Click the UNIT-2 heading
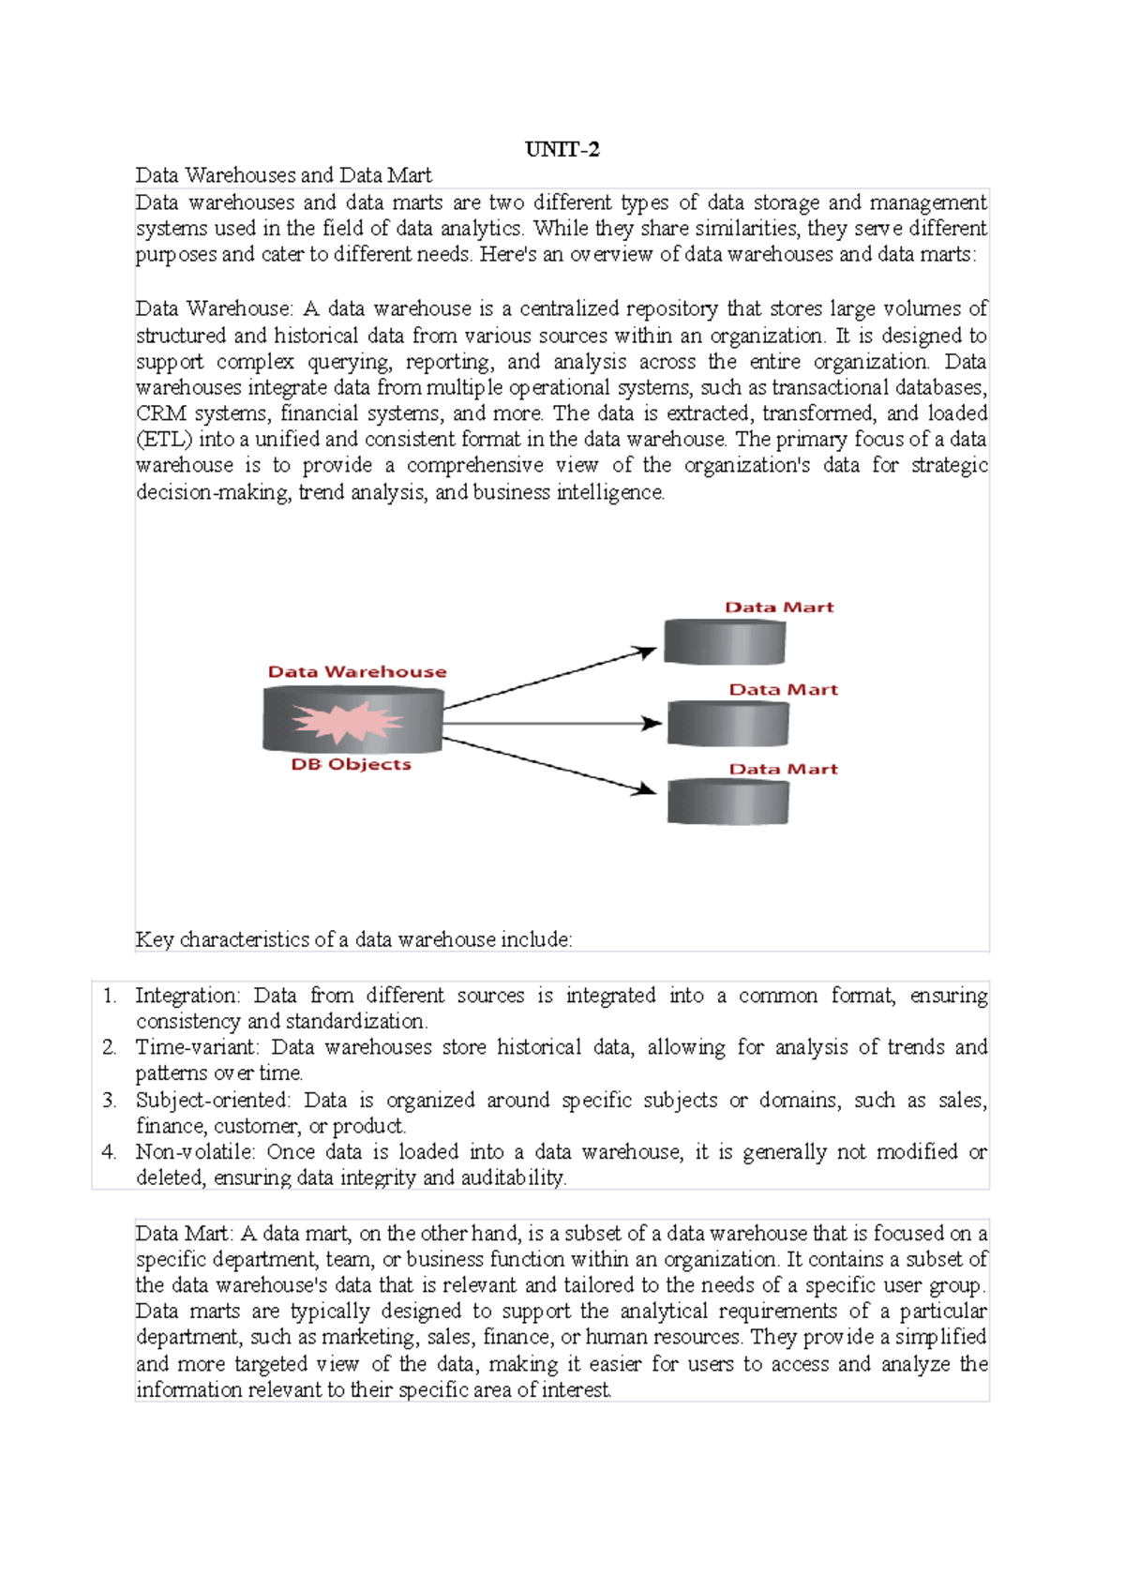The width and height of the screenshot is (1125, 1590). coord(562,149)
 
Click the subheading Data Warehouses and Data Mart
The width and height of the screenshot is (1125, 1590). coord(283,175)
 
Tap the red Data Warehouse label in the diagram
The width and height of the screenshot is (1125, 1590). coord(356,671)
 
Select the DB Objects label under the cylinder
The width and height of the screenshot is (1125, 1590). coord(351,764)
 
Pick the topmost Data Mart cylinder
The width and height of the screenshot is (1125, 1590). coord(724,642)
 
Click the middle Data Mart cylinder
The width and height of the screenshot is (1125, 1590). coord(727,724)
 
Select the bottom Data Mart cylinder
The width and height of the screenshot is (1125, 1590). coord(727,802)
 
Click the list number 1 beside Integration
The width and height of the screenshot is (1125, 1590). coord(110,996)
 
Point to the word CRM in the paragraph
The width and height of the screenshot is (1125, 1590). coord(160,413)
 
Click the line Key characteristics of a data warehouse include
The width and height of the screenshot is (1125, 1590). coord(353,939)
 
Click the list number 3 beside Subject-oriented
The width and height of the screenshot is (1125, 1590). coord(110,1100)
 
